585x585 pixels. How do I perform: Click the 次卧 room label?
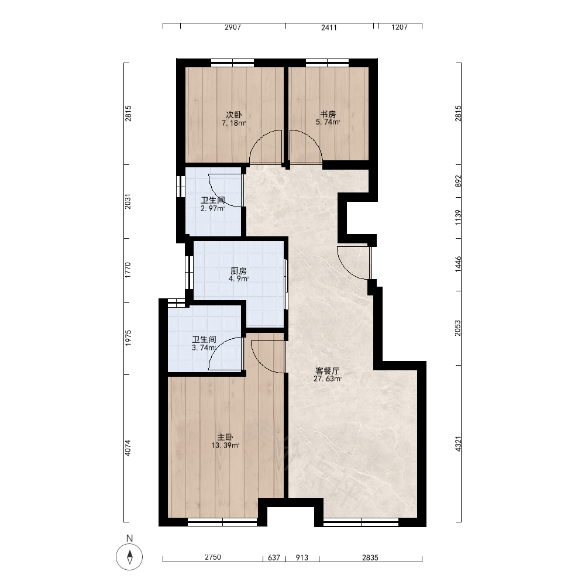[x=234, y=115]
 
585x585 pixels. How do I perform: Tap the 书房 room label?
[x=328, y=114]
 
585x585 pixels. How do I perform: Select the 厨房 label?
[x=239, y=271]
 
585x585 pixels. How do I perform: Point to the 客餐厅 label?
[x=327, y=371]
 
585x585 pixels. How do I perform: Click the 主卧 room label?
[x=225, y=437]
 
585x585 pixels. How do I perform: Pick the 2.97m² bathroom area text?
[x=213, y=209]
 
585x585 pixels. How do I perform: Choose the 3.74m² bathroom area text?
[x=204, y=347]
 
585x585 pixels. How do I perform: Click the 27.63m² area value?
[x=328, y=379]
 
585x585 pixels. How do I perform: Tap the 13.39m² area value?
[x=225, y=445]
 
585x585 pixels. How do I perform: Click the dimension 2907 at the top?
[x=233, y=27]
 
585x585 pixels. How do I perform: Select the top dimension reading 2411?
[x=329, y=27]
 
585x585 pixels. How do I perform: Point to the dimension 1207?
[x=399, y=27]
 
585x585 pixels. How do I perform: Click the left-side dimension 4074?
[x=128, y=448]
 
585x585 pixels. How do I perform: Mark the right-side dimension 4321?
[x=458, y=444]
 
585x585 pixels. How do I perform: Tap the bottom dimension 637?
[x=274, y=558]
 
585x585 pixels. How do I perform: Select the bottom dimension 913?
[x=302, y=558]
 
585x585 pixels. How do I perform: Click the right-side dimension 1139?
[x=458, y=218]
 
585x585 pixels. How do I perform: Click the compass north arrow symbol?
[x=129, y=557]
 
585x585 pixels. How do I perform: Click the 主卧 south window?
[x=222, y=522]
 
